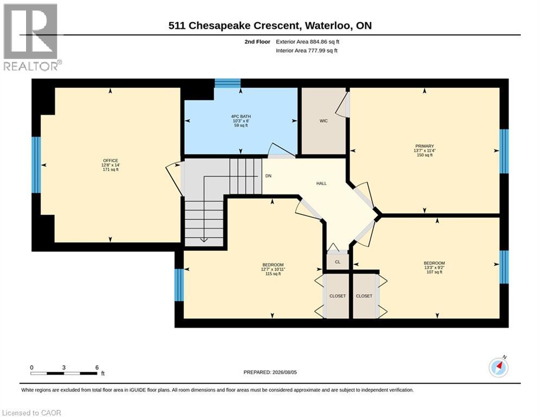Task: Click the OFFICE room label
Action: [x=111, y=161]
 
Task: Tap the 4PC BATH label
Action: [x=241, y=117]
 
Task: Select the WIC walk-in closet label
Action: [x=323, y=121]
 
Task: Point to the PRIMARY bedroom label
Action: [x=424, y=146]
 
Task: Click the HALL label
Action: [x=321, y=184]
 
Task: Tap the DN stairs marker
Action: [x=268, y=176]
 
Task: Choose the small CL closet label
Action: [x=338, y=262]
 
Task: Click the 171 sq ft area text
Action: [x=111, y=169]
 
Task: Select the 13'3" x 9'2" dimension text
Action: [x=434, y=268]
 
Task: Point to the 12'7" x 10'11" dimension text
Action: [x=273, y=269]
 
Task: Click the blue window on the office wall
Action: [x=36, y=165]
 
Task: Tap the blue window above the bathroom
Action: [x=227, y=83]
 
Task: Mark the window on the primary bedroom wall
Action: [x=504, y=151]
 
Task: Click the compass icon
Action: [x=498, y=368]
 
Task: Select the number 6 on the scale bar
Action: [x=97, y=368]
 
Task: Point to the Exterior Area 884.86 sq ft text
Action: [x=308, y=42]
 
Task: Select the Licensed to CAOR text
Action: [x=31, y=413]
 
